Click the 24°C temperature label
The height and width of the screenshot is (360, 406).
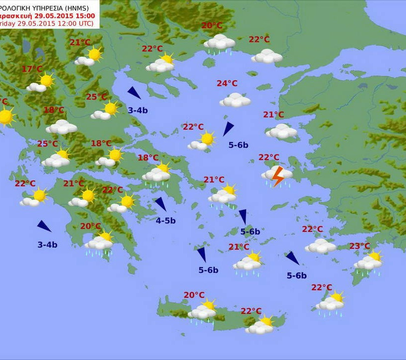coord(227,84)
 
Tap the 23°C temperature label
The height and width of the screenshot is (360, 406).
coord(359,246)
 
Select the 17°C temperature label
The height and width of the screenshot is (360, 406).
coord(32,69)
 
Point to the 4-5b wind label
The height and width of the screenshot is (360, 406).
coord(166,221)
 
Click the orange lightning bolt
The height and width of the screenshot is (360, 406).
coord(278,176)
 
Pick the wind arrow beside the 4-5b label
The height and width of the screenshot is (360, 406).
coord(160,204)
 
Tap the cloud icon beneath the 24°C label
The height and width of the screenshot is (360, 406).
coord(235,101)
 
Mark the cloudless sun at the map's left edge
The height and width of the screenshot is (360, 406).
coord(5,117)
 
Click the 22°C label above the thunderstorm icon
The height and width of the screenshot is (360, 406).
coord(269,157)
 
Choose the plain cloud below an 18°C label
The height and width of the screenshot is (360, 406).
coord(61,127)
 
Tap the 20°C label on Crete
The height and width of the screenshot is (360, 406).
coord(194,295)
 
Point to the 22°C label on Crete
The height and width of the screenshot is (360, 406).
coord(251,311)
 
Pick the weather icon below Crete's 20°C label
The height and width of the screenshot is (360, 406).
coord(203,311)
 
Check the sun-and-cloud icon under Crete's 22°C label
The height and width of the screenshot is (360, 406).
coord(261,325)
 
